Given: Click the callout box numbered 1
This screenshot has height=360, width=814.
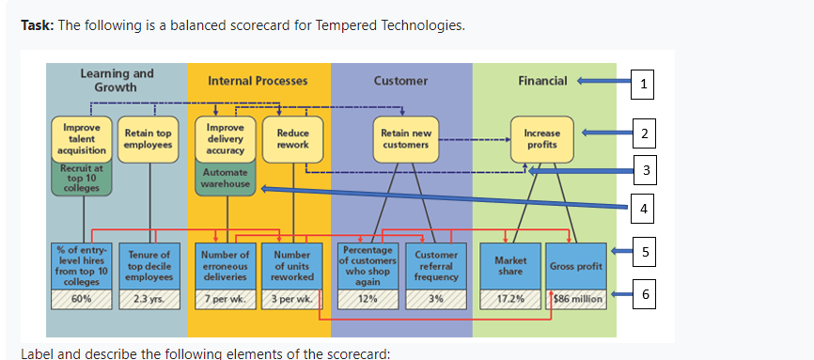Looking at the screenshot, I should [x=642, y=84].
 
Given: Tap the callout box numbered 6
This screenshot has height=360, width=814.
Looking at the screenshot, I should [x=642, y=296].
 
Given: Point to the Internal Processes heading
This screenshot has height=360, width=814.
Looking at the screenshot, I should [x=257, y=81].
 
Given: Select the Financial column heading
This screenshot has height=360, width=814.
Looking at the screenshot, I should [x=542, y=81].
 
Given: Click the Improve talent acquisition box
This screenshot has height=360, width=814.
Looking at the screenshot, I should [x=82, y=138].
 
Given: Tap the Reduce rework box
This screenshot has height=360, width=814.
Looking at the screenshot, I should [x=292, y=139].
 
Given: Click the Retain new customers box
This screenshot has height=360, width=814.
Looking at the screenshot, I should [x=405, y=139].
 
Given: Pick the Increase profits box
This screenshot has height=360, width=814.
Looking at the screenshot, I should [x=542, y=139].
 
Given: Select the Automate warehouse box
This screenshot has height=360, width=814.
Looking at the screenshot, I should [x=226, y=178].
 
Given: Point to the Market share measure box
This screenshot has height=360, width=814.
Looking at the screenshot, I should [x=508, y=266].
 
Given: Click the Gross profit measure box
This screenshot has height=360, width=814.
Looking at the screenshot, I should [x=576, y=266].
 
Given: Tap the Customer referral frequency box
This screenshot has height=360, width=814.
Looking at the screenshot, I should [x=436, y=266].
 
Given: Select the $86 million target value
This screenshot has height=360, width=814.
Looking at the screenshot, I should [x=576, y=299].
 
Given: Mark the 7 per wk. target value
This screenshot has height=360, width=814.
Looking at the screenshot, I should [x=226, y=299].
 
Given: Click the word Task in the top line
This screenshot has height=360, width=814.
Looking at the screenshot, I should [x=37, y=24].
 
